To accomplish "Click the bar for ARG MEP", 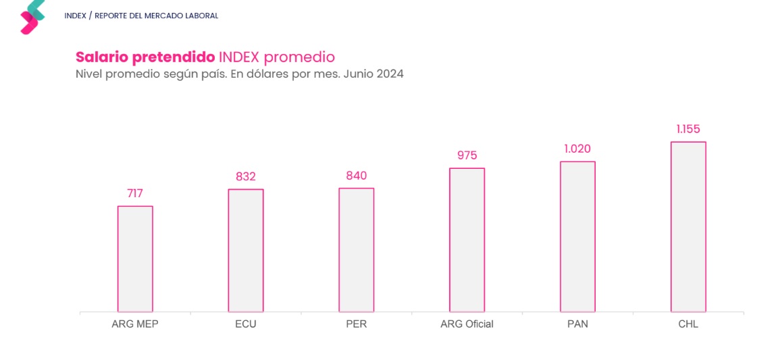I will click(x=135, y=259).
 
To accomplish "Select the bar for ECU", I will click(x=246, y=251).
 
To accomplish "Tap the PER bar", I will click(x=356, y=250).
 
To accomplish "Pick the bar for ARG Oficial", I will click(x=467, y=240).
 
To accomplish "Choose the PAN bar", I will click(x=577, y=236).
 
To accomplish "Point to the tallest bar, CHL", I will click(x=688, y=227).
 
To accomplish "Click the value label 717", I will click(x=135, y=194).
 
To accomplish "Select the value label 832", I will click(x=246, y=177).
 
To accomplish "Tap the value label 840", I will click(x=356, y=176).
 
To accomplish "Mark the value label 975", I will click(x=467, y=156).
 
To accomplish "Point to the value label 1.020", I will click(x=577, y=149).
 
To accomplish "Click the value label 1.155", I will click(x=688, y=130).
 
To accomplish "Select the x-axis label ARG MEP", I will click(x=135, y=324).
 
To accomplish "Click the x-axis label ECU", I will click(x=246, y=324).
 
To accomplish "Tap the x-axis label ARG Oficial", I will click(x=467, y=324).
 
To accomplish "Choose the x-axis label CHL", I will click(x=688, y=324).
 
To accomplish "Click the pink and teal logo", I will click(x=32, y=16).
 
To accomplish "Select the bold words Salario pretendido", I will click(x=145, y=57).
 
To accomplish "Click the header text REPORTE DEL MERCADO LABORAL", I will click(x=156, y=16).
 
